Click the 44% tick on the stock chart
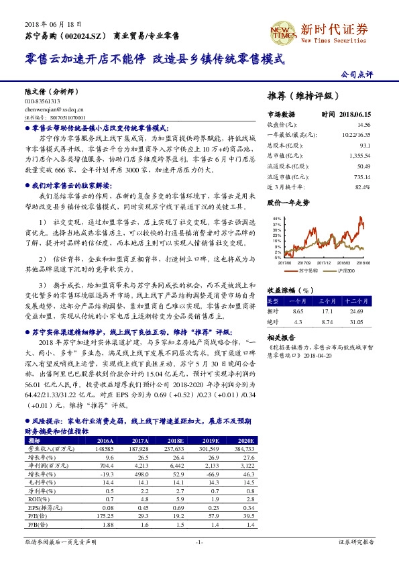click(276, 219)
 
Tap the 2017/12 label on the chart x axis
click(325, 263)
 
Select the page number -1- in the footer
click(198, 541)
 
